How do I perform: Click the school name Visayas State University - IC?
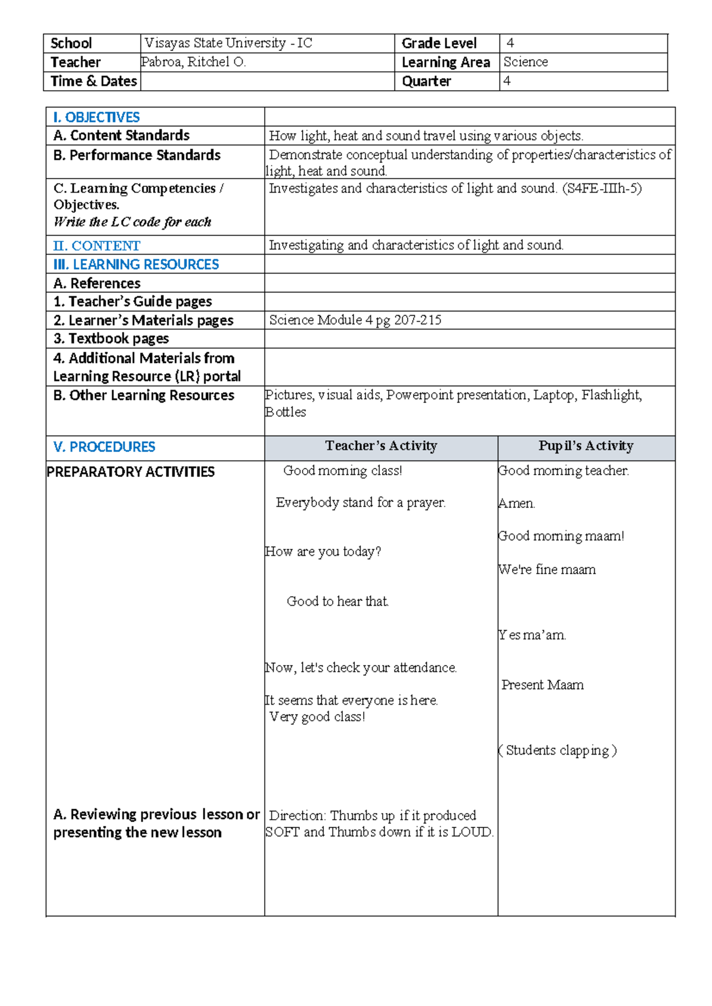click(228, 43)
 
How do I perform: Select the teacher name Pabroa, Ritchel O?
click(193, 62)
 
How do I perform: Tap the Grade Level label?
click(438, 43)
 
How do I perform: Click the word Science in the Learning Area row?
click(526, 62)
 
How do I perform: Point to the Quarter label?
click(426, 81)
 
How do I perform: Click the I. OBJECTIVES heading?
click(96, 117)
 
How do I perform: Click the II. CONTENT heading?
click(96, 246)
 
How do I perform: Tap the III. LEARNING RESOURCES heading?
click(136, 265)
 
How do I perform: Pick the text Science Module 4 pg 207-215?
click(355, 320)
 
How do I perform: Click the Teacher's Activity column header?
click(381, 446)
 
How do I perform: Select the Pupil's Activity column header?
click(586, 446)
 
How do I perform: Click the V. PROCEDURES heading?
click(104, 447)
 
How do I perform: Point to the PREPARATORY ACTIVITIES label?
click(131, 472)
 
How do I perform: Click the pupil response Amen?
click(516, 504)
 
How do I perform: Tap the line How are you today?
click(323, 552)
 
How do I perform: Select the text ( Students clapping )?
click(558, 750)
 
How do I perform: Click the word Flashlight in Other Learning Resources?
click(611, 395)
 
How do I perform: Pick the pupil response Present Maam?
click(542, 685)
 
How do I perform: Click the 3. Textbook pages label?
click(111, 339)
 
